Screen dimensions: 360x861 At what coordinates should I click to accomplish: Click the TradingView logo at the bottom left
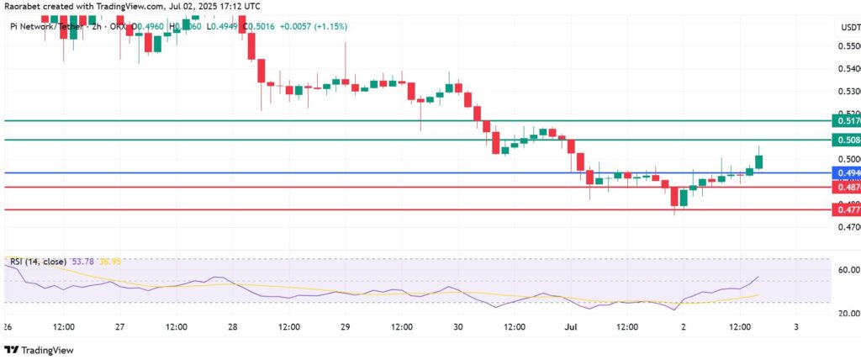[x=40, y=350]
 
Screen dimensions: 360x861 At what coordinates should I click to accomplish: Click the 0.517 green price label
[x=844, y=120]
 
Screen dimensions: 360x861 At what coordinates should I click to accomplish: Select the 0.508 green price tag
[x=844, y=139]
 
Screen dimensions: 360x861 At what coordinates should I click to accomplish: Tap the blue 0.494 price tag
[x=844, y=172]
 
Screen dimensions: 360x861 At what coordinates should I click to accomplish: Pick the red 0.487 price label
[x=844, y=188]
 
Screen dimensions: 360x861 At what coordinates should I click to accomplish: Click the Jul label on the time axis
[x=568, y=326]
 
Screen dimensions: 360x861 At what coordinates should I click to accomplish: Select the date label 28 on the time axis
[x=231, y=326]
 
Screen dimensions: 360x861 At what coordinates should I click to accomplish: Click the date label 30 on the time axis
[x=457, y=326]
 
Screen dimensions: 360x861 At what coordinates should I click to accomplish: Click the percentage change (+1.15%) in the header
[x=328, y=27]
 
